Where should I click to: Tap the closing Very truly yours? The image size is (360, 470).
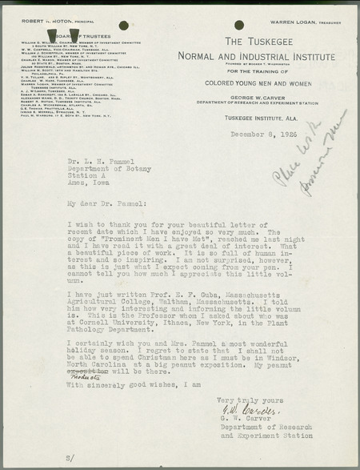coord(247,400)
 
